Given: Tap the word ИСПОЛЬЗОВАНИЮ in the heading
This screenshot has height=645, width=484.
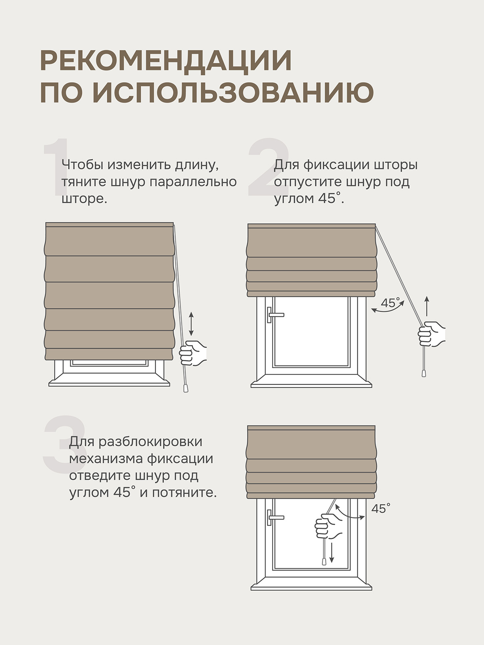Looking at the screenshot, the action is (234, 92).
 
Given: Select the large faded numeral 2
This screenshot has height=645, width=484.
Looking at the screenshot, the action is (269, 167).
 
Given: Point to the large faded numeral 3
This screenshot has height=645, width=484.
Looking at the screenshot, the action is (65, 444).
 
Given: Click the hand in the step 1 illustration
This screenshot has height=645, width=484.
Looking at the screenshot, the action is (192, 353).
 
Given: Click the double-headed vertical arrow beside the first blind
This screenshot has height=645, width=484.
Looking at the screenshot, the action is (191, 324).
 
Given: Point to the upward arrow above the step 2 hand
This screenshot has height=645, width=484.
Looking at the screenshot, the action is (427, 306).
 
